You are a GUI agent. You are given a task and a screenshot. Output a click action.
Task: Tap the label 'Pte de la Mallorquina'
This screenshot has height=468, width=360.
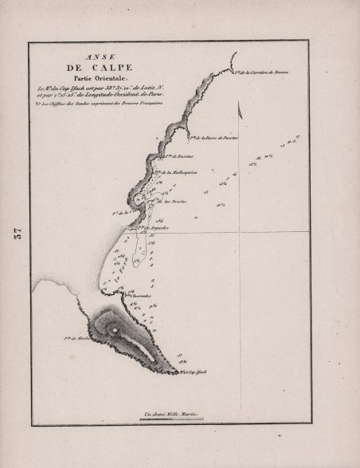182,171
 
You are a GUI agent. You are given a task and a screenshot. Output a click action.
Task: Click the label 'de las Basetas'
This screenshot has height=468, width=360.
174,202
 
